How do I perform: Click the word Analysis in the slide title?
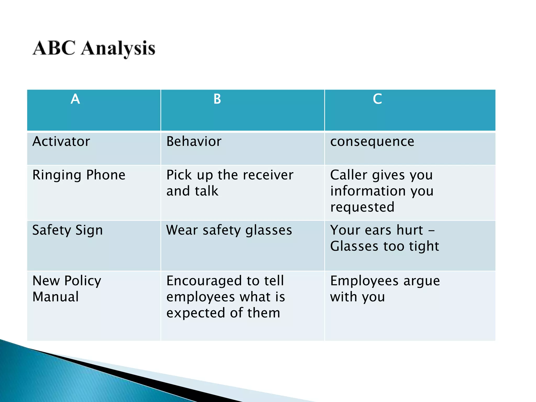coord(118,49)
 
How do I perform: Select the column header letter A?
coord(75,99)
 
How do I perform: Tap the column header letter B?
coord(217,99)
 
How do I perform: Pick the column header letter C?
coord(377,99)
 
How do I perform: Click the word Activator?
coord(61,142)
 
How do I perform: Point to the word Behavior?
coord(194,142)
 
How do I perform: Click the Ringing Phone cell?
coord(79,175)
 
